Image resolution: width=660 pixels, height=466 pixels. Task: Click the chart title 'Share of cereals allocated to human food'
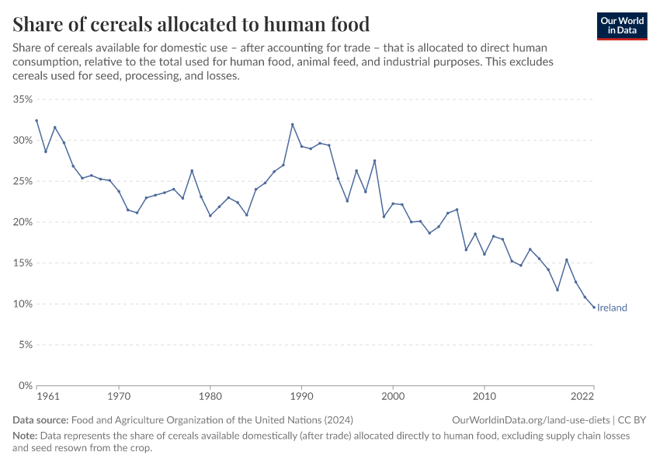[x=191, y=24]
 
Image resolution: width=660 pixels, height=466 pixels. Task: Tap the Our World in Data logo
[x=622, y=26]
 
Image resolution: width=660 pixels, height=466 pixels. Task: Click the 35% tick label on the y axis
[x=22, y=99]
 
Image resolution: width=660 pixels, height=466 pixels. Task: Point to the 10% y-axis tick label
[x=22, y=304]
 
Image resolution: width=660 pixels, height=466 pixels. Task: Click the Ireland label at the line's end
[x=612, y=308]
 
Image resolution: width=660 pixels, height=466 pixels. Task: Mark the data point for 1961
[x=36, y=120]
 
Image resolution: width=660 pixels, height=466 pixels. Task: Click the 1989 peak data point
[x=293, y=124]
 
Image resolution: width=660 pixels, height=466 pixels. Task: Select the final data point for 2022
[x=594, y=308]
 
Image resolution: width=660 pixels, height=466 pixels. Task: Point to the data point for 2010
[x=485, y=254]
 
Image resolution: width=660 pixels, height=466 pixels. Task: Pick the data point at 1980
[x=210, y=216]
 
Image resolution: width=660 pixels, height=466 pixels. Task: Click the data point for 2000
[x=393, y=203]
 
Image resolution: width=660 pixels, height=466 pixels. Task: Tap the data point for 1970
[x=119, y=191]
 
